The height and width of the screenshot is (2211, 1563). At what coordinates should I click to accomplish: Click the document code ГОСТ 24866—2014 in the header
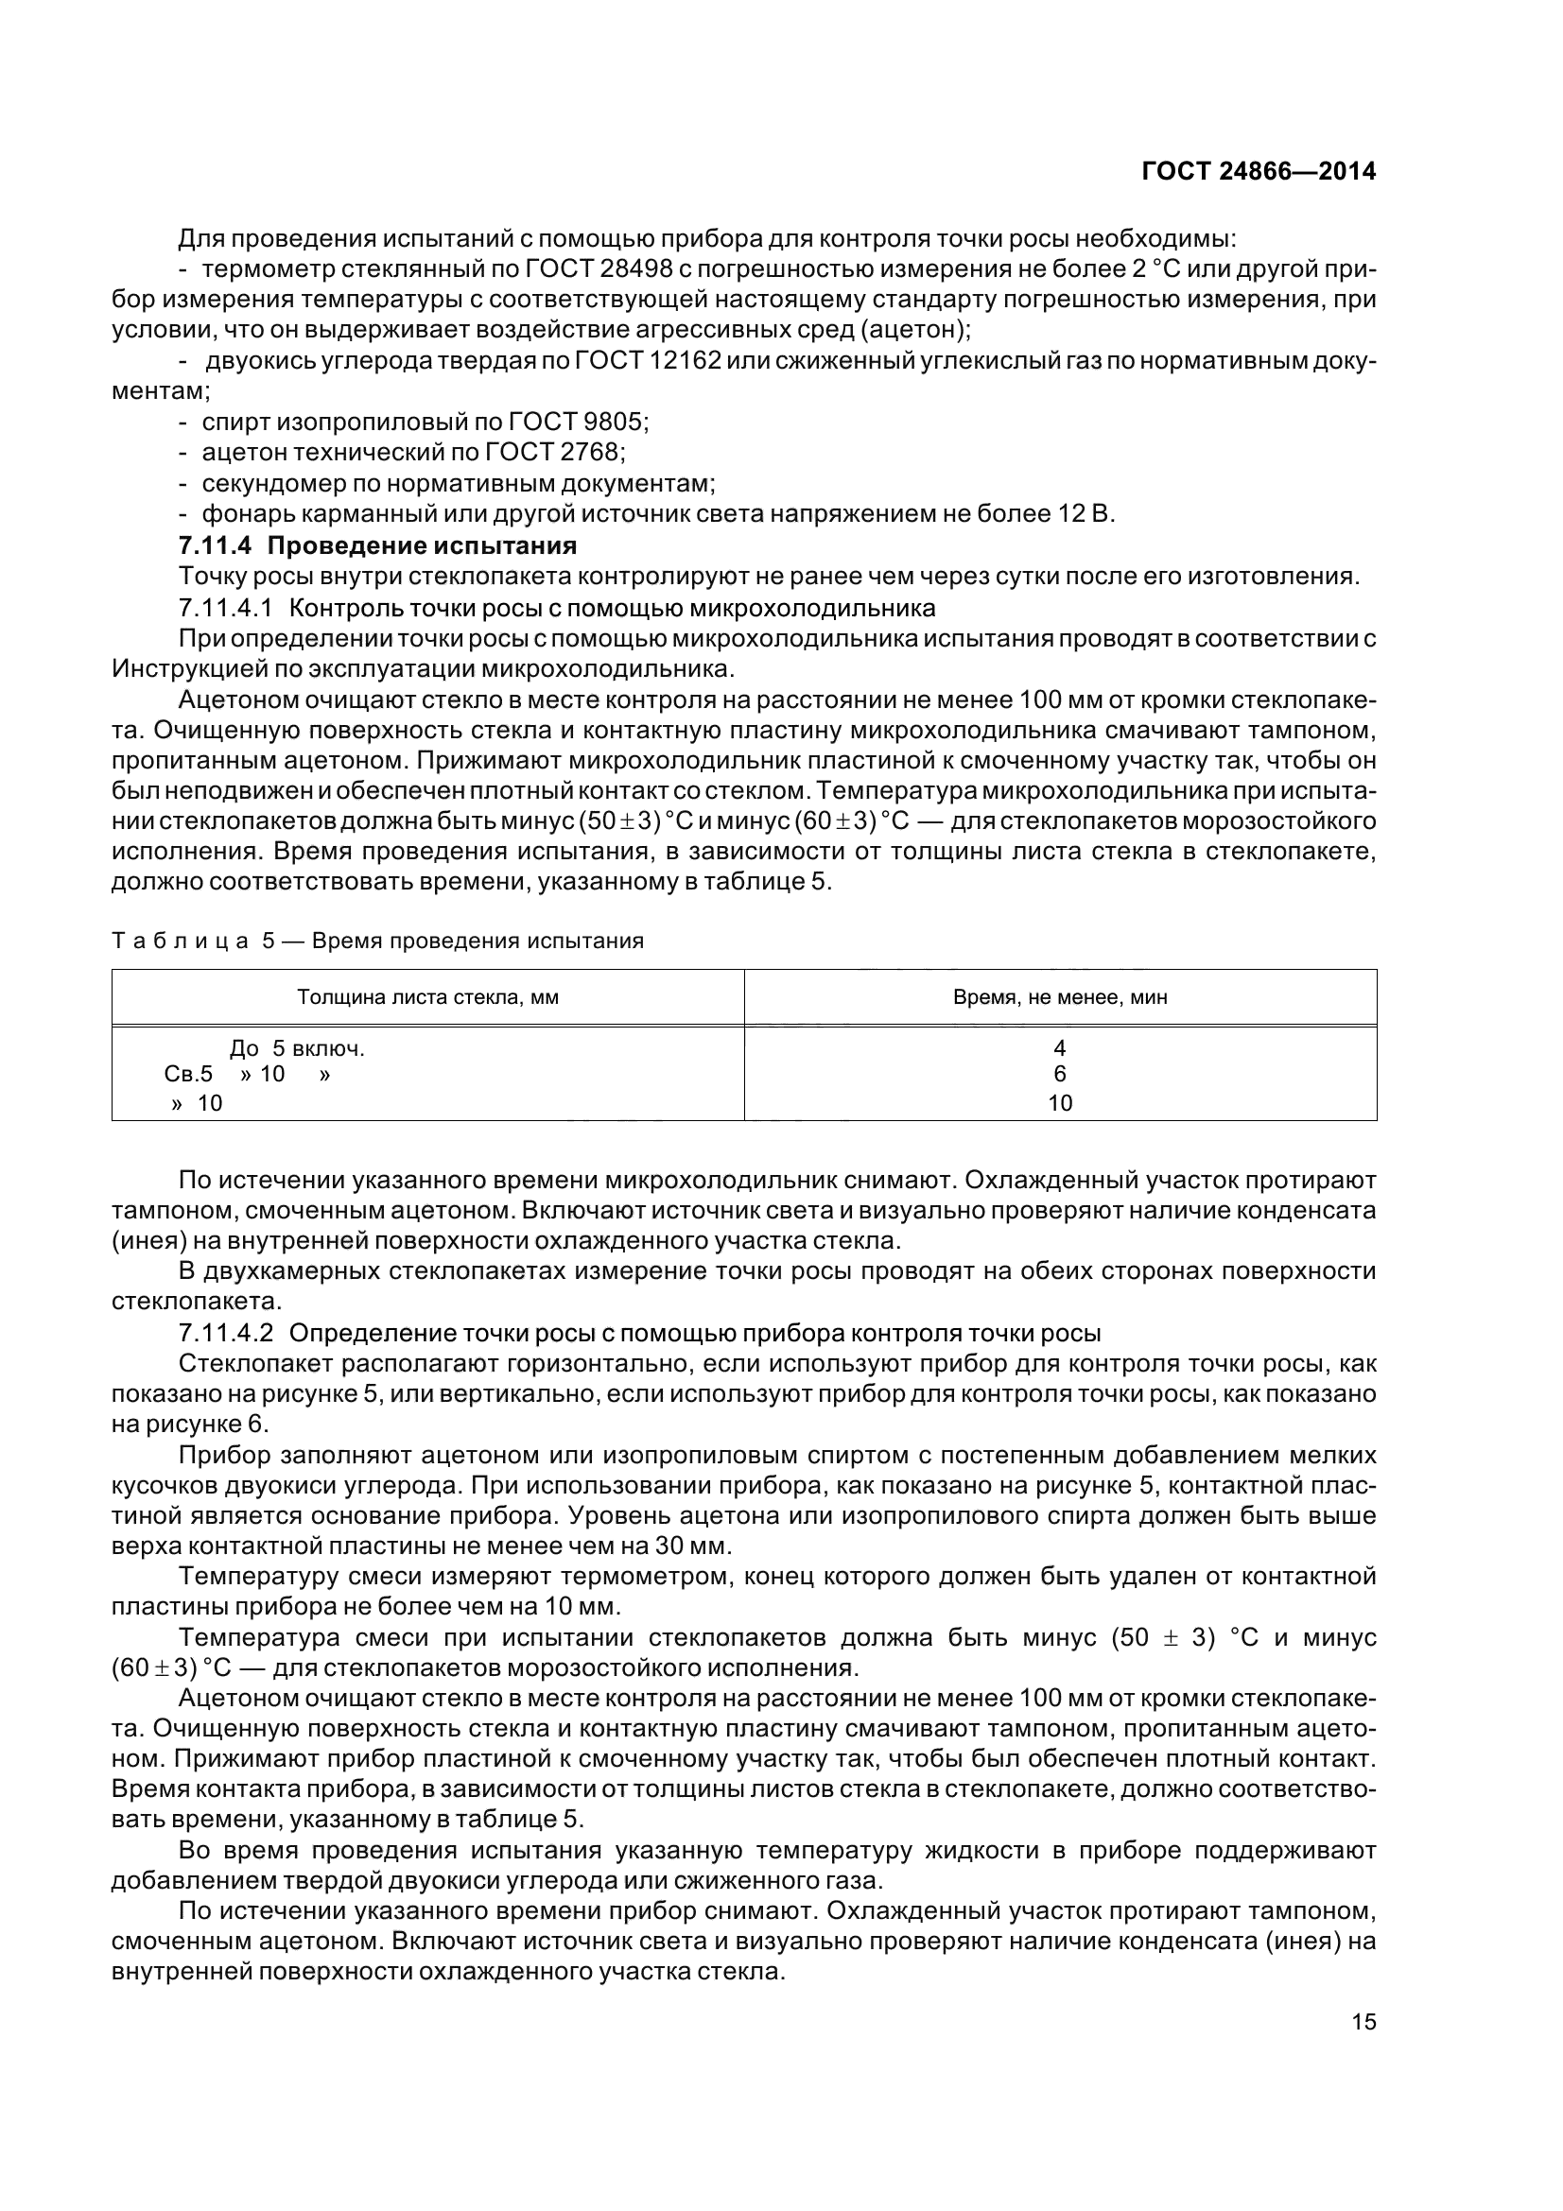coord(1258,171)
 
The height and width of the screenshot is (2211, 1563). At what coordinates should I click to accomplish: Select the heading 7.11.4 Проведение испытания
coord(377,546)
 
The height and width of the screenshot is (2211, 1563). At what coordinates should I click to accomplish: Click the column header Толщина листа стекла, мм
coord(427,997)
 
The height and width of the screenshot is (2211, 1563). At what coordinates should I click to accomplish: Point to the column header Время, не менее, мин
coord(1059,997)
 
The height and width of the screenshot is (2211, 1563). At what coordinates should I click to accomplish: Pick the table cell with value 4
coord(1059,1047)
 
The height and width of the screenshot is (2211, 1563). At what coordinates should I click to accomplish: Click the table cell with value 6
coord(1059,1075)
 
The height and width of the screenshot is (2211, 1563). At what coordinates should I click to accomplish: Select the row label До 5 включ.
coord(297,1047)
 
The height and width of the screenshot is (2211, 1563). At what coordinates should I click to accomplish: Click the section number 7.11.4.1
coord(226,608)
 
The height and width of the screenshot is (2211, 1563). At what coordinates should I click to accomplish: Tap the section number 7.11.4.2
coord(226,1333)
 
